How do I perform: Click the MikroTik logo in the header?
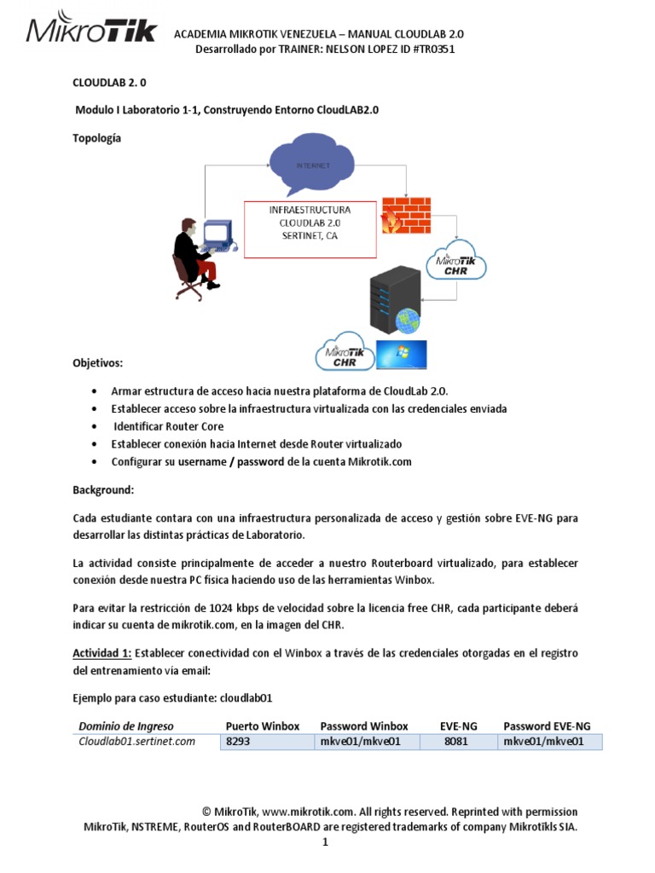click(91, 32)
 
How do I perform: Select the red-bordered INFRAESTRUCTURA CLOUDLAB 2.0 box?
click(310, 229)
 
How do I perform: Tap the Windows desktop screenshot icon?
click(402, 355)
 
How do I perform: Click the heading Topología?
click(96, 137)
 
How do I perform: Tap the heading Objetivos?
click(97, 363)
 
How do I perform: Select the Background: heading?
click(102, 490)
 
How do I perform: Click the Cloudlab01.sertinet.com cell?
click(137, 742)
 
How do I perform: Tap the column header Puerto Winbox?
click(263, 726)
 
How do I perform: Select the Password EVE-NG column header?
click(547, 726)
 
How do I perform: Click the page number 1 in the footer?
click(325, 842)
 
